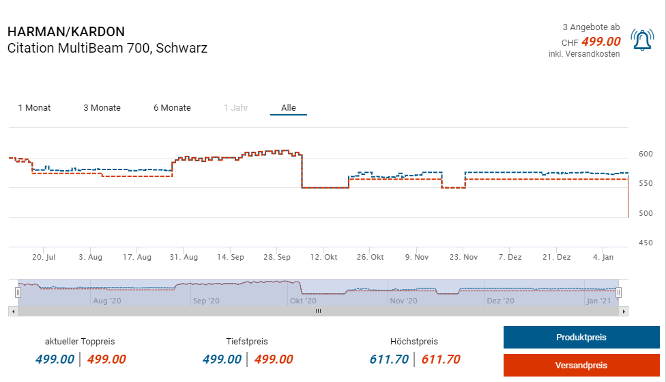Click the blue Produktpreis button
coord(581,338)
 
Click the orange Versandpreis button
coord(581,365)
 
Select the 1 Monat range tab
coord(34,108)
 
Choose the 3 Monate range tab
coord(102,108)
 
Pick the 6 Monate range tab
coord(172,108)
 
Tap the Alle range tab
coord(288,108)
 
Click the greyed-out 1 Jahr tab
coord(236,108)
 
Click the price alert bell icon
coord(642,40)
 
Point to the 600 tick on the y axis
coord(645,154)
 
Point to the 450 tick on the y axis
coord(645,243)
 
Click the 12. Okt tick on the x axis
coord(324,257)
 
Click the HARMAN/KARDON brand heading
coord(66,32)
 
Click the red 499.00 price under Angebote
coord(600,42)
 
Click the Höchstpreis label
coord(414,342)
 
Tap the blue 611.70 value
coord(389,359)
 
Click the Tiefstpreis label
coord(247,342)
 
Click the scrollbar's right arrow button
coord(624,311)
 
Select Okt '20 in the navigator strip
coord(302,301)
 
